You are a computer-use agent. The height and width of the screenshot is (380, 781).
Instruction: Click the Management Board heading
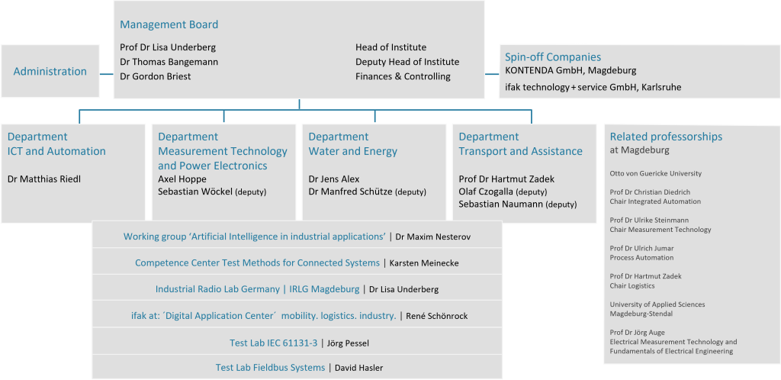pyautogui.click(x=169, y=24)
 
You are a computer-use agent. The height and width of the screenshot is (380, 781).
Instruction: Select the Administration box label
pyautogui.click(x=50, y=71)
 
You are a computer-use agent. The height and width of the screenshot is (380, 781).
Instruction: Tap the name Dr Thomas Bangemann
pyautogui.click(x=169, y=62)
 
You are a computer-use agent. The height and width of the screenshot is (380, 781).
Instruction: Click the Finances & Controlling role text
pyautogui.click(x=403, y=76)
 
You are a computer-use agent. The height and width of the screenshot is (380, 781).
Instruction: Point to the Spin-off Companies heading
pyautogui.click(x=553, y=56)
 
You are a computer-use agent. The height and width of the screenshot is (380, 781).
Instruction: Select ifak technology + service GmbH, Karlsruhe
pyautogui.click(x=593, y=87)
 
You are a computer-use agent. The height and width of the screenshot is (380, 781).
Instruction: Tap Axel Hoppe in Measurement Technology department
pyautogui.click(x=182, y=179)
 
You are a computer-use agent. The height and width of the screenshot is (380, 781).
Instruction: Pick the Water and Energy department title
pyautogui.click(x=352, y=151)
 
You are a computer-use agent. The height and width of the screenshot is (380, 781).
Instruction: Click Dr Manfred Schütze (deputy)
pyautogui.click(x=367, y=192)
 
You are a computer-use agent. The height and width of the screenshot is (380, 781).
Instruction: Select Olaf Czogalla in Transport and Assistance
pyautogui.click(x=486, y=192)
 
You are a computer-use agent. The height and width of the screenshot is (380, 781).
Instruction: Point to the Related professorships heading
pyautogui.click(x=666, y=137)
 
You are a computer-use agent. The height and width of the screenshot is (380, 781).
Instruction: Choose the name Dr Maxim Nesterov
pyautogui.click(x=433, y=237)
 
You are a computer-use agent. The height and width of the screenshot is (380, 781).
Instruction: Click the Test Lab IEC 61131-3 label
pyautogui.click(x=272, y=343)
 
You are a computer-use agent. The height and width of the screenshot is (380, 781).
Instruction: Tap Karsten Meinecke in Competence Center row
pyautogui.click(x=424, y=263)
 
